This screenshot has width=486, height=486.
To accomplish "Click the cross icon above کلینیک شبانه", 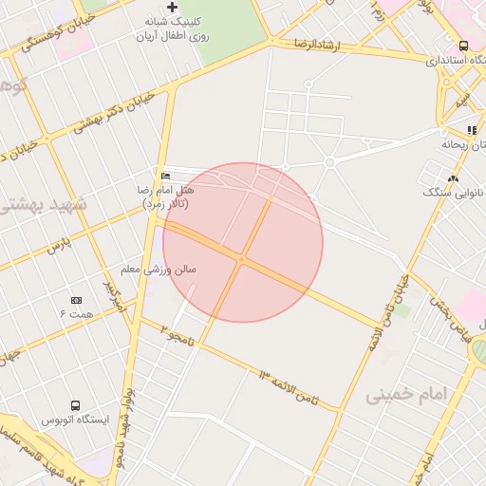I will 172,8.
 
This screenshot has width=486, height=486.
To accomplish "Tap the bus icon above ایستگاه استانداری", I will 463,46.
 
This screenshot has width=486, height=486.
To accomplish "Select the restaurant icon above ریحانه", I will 471,130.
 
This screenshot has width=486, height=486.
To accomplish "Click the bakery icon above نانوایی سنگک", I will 453,178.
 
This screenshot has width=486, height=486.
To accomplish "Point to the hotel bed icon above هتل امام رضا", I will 166,176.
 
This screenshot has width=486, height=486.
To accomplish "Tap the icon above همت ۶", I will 77,300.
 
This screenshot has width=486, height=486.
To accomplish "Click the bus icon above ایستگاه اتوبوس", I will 75,403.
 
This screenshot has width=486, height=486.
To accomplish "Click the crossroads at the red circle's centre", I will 242,257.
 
